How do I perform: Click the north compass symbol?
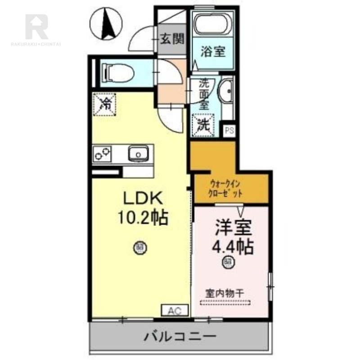point(108,24)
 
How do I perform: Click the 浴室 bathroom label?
point(213,52)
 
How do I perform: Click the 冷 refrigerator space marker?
point(104,104)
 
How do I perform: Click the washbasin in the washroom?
point(226,92)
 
